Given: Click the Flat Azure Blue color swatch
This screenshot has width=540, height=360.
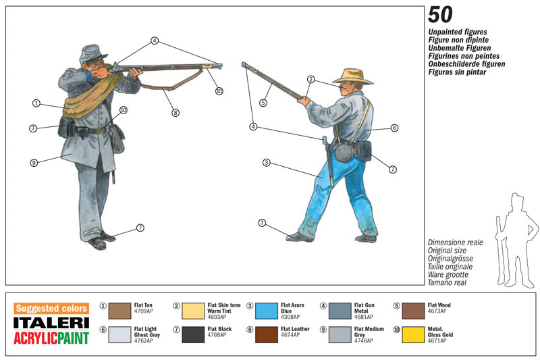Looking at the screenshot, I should (x=267, y=310).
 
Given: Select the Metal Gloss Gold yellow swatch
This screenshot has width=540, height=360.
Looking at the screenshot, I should (x=413, y=334).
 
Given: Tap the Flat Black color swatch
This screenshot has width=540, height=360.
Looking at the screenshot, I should (x=193, y=334).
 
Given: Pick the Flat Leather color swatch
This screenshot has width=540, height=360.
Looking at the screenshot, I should (x=267, y=334).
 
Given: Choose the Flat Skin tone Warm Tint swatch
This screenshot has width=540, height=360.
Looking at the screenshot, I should (x=193, y=310).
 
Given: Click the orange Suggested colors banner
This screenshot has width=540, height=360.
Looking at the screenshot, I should (x=51, y=309).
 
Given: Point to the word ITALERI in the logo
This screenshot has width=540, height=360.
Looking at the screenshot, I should (x=51, y=323).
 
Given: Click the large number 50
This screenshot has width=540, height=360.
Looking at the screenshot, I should (x=440, y=16).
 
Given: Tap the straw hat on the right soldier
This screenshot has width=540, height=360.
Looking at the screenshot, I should (x=352, y=75).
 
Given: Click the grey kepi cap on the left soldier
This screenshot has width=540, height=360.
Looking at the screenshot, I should (x=92, y=53).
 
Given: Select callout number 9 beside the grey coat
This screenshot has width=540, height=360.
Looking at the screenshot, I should (x=33, y=162).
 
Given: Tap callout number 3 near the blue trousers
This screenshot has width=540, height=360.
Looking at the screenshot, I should (x=267, y=163).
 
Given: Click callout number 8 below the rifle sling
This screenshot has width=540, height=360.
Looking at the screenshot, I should (x=175, y=113).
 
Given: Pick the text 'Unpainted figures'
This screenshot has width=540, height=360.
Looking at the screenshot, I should (x=457, y=32).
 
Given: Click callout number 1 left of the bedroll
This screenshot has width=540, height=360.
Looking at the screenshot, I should (x=36, y=103).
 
